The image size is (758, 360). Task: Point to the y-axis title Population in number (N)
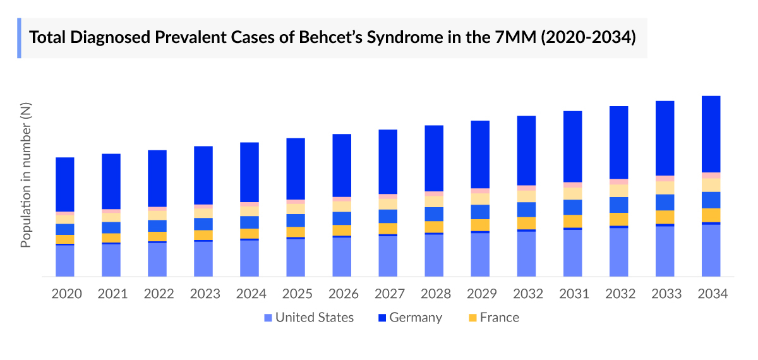point(26,176)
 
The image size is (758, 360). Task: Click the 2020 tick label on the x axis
point(66,294)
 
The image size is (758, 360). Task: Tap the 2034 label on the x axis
point(711,294)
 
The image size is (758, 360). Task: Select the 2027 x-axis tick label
point(388,294)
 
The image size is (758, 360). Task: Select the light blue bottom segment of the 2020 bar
point(65,261)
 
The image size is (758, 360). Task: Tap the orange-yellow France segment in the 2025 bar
point(296,232)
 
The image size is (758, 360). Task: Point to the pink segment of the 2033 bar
point(665,179)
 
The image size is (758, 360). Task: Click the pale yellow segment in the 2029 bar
point(480,199)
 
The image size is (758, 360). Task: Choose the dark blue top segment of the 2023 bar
point(203,175)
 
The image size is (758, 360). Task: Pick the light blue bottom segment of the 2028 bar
point(434,255)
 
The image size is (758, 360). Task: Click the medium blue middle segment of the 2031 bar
point(573,207)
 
